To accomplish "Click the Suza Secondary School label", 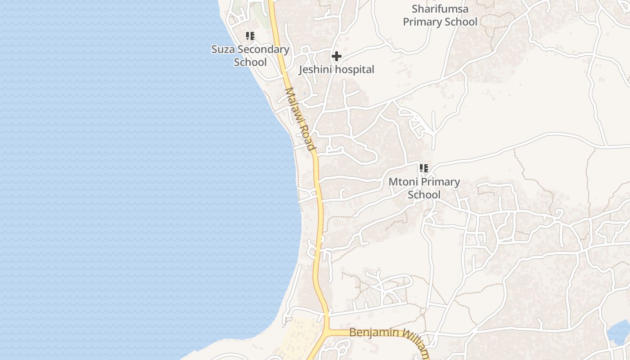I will coord(250,55).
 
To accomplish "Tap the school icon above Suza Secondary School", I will coord(250,36).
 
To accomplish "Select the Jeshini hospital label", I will coord(337,69).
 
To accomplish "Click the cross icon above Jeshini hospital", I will coord(336,57).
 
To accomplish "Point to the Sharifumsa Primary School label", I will coord(440,15).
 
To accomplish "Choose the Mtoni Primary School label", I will coord(424,188).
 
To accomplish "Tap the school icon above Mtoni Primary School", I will coord(423,168).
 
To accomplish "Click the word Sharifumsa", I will coord(440,9).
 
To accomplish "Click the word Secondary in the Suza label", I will coord(263,49).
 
